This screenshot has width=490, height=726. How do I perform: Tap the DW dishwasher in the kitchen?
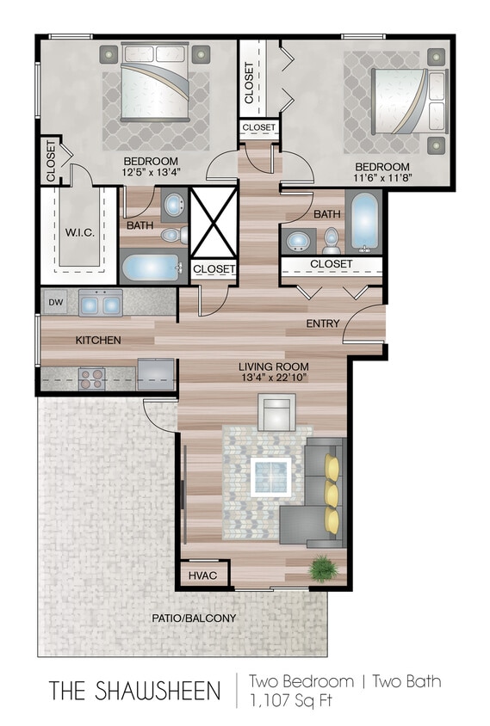[55, 302]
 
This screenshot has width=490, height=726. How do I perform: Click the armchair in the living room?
[277, 413]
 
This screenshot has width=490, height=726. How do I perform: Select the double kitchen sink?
[100, 303]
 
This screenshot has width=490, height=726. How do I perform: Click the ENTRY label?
[323, 323]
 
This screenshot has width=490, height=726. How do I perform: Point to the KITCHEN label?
[98, 340]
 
